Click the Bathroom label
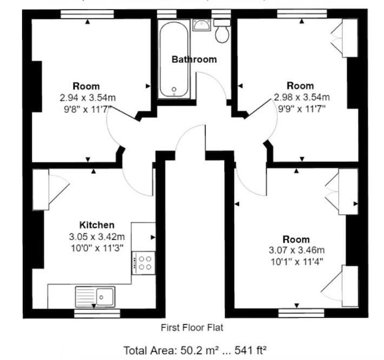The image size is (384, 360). (x=194, y=60)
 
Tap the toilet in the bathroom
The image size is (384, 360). (x=222, y=31)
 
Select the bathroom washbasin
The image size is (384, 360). (x=201, y=25)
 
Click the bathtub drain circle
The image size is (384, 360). (x=174, y=89)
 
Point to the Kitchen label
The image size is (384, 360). (x=97, y=225)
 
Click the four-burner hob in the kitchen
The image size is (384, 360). (x=143, y=263)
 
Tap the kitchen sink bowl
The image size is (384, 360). (x=105, y=297)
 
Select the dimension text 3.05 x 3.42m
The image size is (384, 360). (x=97, y=237)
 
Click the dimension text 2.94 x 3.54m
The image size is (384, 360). (x=88, y=98)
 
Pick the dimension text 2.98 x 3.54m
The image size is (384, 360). (x=302, y=97)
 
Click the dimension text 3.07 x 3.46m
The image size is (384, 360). (x=297, y=250)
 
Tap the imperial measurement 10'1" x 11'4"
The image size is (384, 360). (x=297, y=262)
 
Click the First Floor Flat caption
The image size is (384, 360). (x=192, y=328)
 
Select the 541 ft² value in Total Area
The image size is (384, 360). (x=250, y=350)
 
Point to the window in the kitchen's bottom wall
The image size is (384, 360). (x=97, y=313)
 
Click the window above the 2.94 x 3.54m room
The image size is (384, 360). (x=87, y=14)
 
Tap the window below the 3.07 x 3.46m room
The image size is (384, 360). (x=301, y=313)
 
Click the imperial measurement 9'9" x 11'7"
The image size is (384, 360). (x=302, y=109)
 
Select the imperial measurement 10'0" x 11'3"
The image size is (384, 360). (x=97, y=248)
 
